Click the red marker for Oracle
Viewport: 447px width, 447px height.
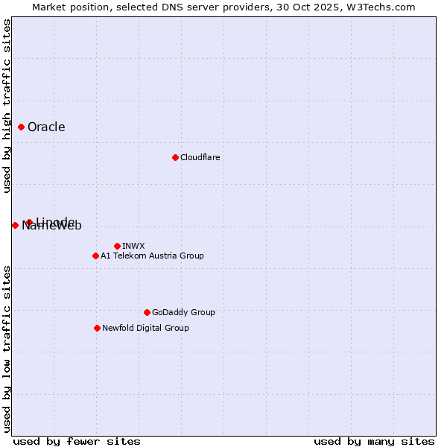click(x=22, y=127)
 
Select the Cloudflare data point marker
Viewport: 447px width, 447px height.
click(x=175, y=157)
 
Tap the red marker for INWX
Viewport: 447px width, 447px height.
click(x=117, y=246)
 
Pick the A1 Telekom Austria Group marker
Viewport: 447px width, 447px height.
click(x=95, y=256)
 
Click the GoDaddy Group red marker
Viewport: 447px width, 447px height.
click(x=147, y=312)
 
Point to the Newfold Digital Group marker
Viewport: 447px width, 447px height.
click(x=97, y=328)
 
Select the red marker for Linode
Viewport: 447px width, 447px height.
click(x=29, y=222)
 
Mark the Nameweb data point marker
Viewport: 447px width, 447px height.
click(x=15, y=225)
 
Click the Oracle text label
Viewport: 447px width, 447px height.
click(x=46, y=127)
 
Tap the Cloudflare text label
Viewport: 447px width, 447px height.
click(x=200, y=157)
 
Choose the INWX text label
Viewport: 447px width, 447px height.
click(x=133, y=246)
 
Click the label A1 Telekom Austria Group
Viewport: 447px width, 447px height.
click(x=152, y=256)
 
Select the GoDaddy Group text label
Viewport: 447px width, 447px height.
click(x=183, y=312)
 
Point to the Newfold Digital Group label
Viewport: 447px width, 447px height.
click(x=145, y=328)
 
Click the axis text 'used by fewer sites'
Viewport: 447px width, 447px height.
click(x=77, y=441)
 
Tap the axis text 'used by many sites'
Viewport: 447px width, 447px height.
click(x=374, y=441)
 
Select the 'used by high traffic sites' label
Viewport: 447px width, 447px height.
click(x=7, y=107)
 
